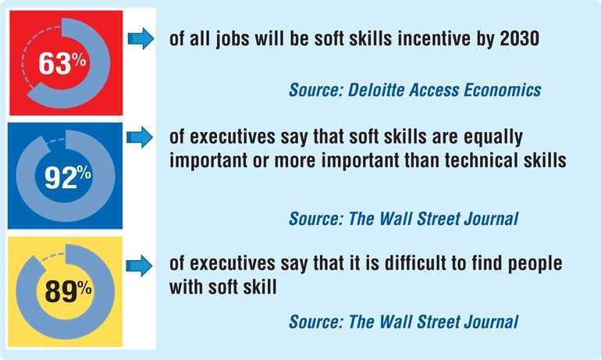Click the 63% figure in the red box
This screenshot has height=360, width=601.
pyautogui.click(x=62, y=63)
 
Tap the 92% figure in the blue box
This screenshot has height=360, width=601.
pyautogui.click(x=68, y=176)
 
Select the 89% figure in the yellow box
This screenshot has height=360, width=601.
pyautogui.click(x=68, y=291)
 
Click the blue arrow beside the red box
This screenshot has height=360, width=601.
pyautogui.click(x=140, y=38)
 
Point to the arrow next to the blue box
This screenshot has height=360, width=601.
pyautogui.click(x=140, y=137)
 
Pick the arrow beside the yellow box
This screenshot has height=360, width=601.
pyautogui.click(x=139, y=266)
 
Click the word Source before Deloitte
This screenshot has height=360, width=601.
pyautogui.click(x=316, y=90)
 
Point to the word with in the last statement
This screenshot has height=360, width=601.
pyautogui.click(x=187, y=287)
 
